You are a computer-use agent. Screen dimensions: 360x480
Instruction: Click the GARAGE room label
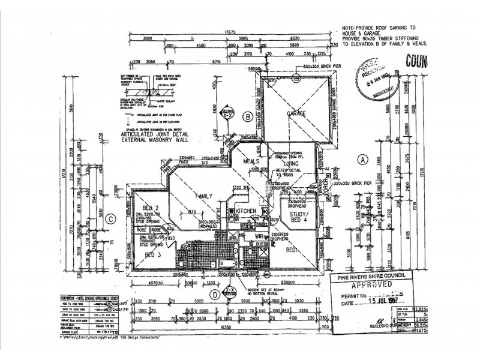pyautogui.click(x=296, y=113)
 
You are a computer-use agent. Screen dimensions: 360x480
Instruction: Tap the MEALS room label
pyautogui.click(x=251, y=161)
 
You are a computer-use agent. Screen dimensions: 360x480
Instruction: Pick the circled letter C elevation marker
pyautogui.click(x=110, y=219)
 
